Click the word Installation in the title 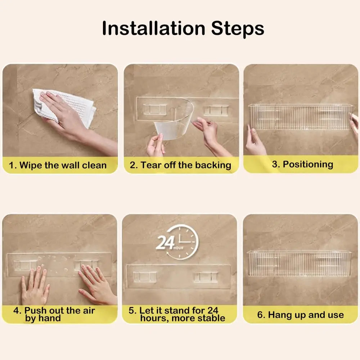pos(154,28)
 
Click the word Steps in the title pos(238,29)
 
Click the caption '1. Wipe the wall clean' pos(58,165)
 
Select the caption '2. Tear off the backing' pos(180,165)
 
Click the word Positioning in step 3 pos(308,165)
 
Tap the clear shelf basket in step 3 pos(300,117)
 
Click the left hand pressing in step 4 pos(35,285)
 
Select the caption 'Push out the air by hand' pos(54,314)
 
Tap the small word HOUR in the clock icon pos(179,248)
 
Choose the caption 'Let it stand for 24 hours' pos(176,314)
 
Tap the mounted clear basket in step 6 pos(300,264)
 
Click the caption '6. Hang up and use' pos(301,315)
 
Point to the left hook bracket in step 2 pos(155,109)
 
